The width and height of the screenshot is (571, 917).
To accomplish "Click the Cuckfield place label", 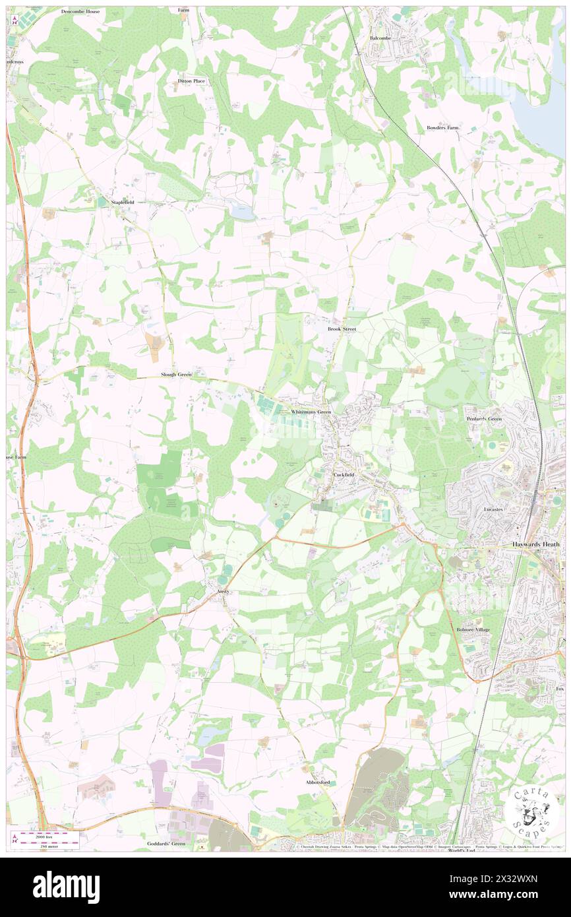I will [x=345, y=474].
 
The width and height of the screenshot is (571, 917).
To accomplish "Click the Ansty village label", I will [x=224, y=592].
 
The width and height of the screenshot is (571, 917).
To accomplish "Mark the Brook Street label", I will [x=342, y=328].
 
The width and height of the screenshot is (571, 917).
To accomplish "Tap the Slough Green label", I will [x=176, y=375].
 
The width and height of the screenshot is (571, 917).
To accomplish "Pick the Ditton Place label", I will [x=191, y=80].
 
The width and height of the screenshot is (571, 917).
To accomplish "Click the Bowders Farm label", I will [x=442, y=127].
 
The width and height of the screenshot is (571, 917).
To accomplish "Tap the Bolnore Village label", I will [x=473, y=630].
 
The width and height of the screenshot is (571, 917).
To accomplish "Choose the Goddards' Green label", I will [x=166, y=844].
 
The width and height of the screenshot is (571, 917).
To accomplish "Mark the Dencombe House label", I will [x=80, y=12].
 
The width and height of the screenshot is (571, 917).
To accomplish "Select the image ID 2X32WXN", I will [x=512, y=897].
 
